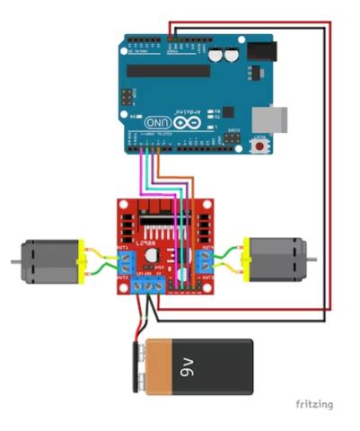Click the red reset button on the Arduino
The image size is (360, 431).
click(x=262, y=144)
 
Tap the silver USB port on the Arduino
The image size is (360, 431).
click(x=271, y=117)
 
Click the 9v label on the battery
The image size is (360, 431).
click(x=188, y=366)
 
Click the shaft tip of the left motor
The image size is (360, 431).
click(x=13, y=261)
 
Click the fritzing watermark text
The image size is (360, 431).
click(x=312, y=404)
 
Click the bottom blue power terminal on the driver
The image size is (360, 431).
click(x=148, y=286)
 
